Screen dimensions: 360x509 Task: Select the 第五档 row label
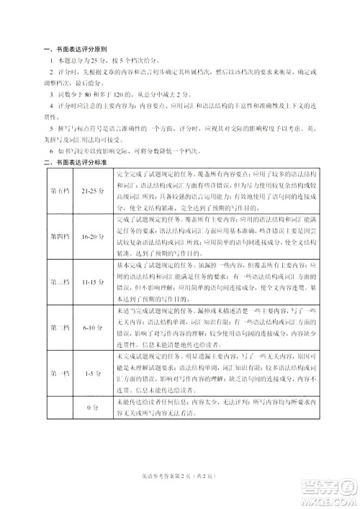(x=60, y=192)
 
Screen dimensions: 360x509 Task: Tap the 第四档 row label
(x=60, y=236)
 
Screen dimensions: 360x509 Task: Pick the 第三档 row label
(x=60, y=281)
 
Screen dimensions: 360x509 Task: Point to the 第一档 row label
(x=60, y=373)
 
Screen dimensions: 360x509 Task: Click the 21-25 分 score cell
(x=92, y=192)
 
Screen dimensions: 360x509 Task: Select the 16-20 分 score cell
(x=92, y=236)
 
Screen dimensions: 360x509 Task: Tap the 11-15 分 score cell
(x=92, y=281)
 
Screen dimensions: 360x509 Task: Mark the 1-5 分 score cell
(x=92, y=373)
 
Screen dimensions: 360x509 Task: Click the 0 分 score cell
(x=92, y=407)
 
